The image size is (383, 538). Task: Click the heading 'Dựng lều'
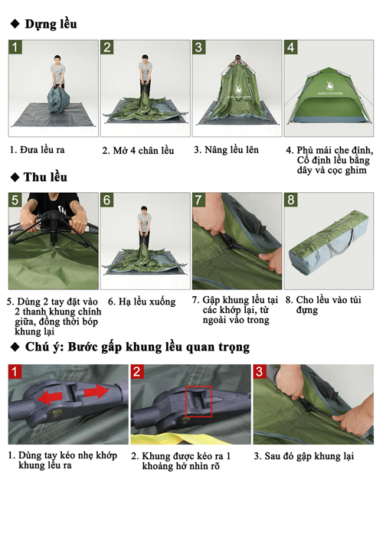[51, 24]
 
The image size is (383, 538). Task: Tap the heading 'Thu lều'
[45, 177]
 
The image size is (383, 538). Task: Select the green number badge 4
[290, 47]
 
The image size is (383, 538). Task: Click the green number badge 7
[198, 200]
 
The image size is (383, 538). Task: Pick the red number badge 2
[136, 371]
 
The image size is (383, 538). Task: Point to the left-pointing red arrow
[50, 398]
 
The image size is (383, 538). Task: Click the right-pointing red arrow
[97, 392]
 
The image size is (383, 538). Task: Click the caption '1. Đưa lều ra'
[37, 150]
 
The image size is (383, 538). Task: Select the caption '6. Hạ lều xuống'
[142, 302]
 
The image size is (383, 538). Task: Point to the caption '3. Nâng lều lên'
[226, 150]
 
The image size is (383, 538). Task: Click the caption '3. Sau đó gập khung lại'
[304, 456]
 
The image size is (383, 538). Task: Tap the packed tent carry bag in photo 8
[329, 241]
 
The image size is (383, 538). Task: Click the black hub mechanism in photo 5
[54, 223]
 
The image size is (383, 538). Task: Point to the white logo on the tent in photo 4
[329, 86]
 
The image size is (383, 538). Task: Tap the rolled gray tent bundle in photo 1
[58, 99]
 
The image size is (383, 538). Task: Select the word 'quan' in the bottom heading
[201, 347]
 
